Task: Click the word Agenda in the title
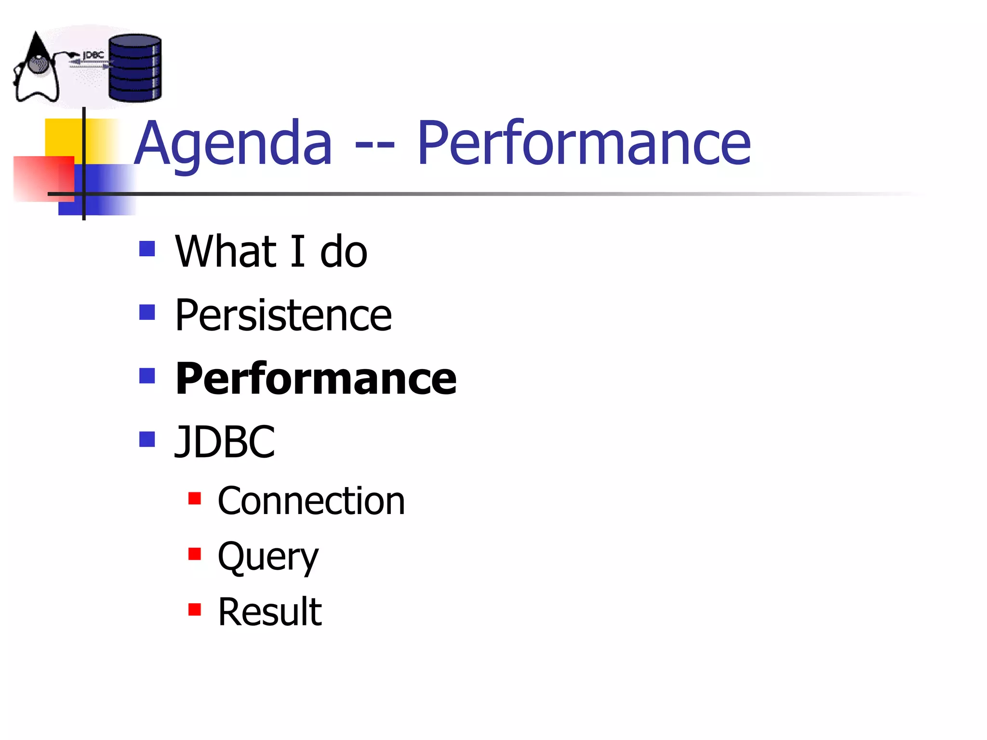coord(233,144)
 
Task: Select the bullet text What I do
coord(271,251)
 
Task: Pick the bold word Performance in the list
coord(316,379)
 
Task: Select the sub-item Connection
coord(311,501)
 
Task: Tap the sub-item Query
coord(268,556)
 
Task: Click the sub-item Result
coord(269,612)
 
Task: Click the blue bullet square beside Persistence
coord(147,312)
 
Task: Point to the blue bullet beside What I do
coord(147,249)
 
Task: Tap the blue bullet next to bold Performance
coord(147,376)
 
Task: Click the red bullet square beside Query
coord(195,554)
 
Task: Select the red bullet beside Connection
coord(195,498)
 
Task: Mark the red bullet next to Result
coord(195,609)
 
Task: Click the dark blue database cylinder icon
coord(134,68)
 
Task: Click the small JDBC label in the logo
coord(93,55)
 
